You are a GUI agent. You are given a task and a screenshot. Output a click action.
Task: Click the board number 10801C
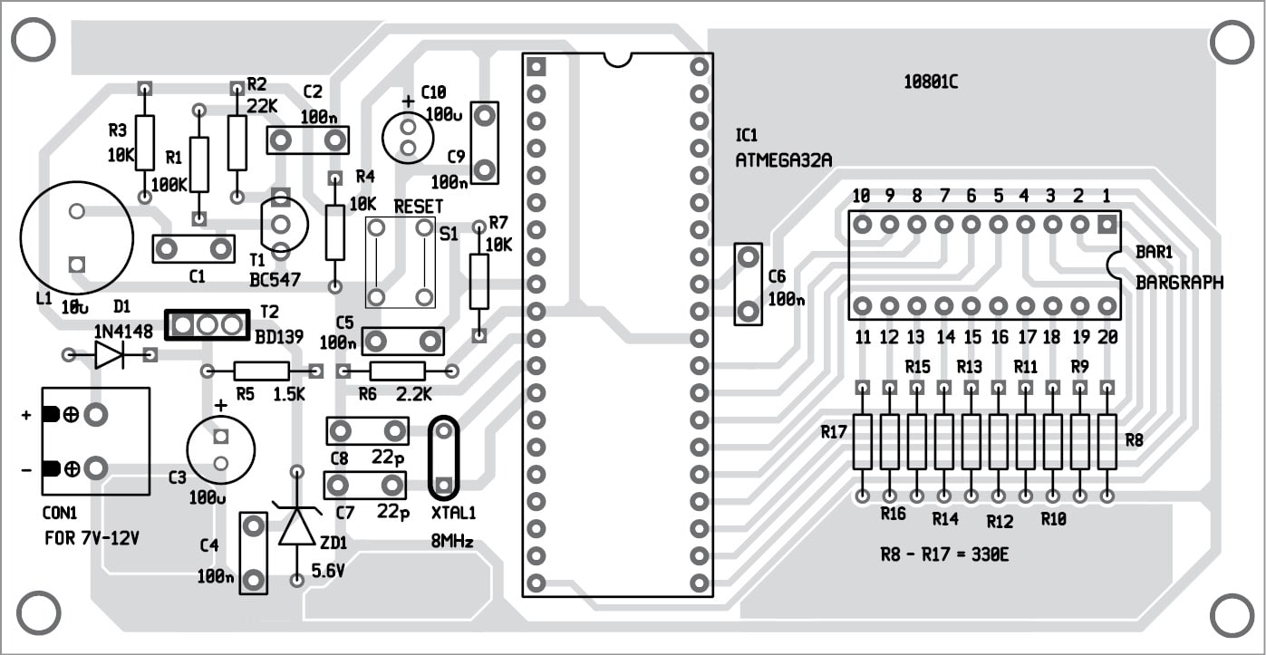coord(930,82)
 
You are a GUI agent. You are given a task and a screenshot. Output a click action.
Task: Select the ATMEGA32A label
coord(784,160)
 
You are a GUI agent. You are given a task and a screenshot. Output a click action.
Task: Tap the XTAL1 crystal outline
coord(443,458)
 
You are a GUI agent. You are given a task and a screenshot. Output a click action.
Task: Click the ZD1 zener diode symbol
coord(297,525)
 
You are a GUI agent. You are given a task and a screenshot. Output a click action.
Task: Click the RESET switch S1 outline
coord(400,262)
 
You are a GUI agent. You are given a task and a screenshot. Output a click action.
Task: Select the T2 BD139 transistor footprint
coord(207,324)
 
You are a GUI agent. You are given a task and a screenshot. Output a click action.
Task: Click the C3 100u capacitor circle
coord(220,450)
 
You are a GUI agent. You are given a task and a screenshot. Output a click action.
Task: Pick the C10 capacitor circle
coord(407,136)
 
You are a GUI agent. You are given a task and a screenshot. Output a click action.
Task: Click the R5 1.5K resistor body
coord(262,371)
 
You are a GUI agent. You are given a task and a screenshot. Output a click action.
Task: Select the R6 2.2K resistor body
coord(398,371)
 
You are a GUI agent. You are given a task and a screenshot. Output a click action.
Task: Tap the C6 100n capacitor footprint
coord(748,284)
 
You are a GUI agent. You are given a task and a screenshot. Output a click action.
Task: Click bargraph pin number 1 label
coord(1106,196)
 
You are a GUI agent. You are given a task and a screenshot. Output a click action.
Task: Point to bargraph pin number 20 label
coord(1107,337)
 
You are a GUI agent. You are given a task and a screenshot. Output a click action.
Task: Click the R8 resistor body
coord(1107,441)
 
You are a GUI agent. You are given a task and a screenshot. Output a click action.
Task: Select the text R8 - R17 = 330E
coord(944,554)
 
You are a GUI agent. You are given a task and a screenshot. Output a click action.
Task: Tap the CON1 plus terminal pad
coord(95,415)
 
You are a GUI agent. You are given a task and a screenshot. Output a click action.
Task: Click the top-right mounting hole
coord(1232,43)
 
